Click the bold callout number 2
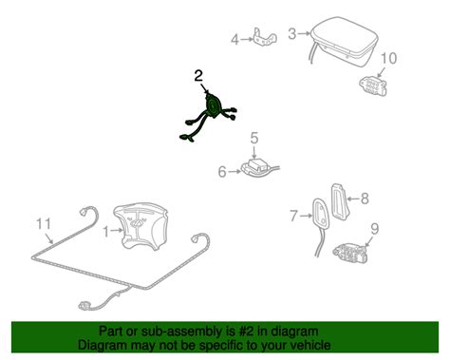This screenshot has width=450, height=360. (198, 76)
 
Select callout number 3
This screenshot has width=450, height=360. (292, 34)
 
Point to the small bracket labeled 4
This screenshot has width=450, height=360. (265, 38)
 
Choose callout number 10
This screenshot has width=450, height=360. (388, 58)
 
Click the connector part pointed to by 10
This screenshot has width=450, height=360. (373, 85)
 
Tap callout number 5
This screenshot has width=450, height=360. (254, 139)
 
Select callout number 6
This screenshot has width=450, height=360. (222, 172)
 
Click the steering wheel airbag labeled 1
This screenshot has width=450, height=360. (141, 226)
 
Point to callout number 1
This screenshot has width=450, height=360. (106, 232)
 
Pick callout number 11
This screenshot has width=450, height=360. (44, 224)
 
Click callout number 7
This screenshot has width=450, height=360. (294, 217)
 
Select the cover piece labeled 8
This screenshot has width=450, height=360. (339, 201)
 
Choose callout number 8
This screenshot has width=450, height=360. (365, 199)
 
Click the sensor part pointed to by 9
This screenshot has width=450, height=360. (350, 253)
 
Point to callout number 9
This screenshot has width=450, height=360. (375, 229)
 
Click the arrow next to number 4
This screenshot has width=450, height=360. (247, 39)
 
